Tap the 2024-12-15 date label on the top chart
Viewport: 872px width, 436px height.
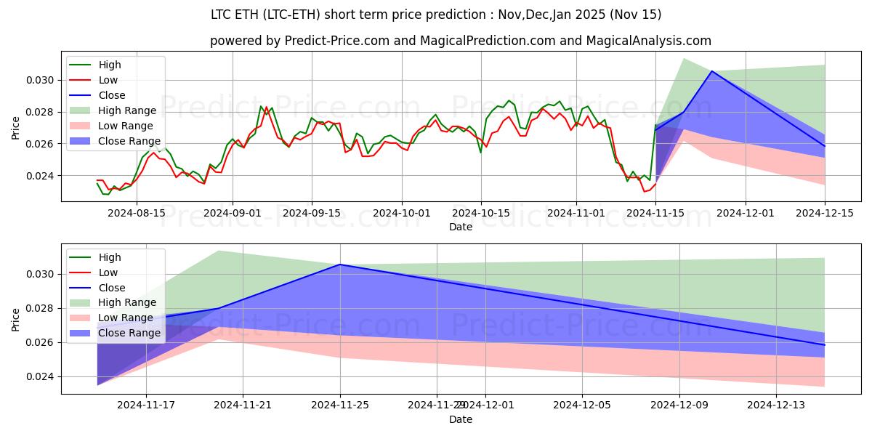click(825, 213)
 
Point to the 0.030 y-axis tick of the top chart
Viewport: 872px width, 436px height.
click(41, 80)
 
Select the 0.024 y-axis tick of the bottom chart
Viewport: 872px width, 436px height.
click(41, 376)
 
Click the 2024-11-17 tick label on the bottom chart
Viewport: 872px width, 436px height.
click(145, 405)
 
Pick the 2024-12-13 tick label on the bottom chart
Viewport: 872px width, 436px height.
click(777, 405)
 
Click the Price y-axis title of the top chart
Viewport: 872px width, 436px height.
click(16, 128)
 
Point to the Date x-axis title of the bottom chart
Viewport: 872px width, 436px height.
click(460, 419)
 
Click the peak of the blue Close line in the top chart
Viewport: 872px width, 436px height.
click(711, 71)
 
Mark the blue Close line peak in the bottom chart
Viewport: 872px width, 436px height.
click(340, 265)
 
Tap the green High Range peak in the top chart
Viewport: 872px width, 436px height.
click(684, 59)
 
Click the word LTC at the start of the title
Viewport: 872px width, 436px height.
click(222, 15)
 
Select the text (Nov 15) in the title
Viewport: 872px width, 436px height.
click(637, 15)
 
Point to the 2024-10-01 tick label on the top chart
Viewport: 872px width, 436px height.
click(402, 213)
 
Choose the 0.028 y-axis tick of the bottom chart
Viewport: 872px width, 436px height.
click(41, 308)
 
